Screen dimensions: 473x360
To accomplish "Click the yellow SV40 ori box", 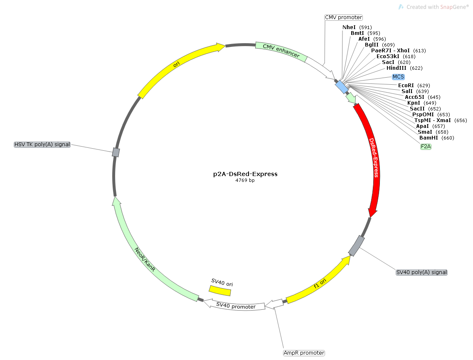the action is (220, 290).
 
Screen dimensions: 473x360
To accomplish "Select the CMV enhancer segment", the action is (281, 51).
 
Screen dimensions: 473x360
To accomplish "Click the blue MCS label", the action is (398, 77).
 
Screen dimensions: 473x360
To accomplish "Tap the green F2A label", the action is (426, 147).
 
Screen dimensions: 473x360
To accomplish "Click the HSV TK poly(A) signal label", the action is (42, 144).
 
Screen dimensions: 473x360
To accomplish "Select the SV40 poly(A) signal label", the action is (421, 272).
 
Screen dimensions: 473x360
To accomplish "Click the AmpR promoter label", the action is (304, 353).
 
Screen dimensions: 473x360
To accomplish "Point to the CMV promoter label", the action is (343, 17).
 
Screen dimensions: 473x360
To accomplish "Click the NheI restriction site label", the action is (349, 27).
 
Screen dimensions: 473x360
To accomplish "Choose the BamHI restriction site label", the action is (429, 138).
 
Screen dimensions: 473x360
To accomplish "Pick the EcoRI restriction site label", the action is (406, 86).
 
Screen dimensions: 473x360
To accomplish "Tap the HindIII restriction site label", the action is (397, 68).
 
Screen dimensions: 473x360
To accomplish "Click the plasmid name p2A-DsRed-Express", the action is (245, 174).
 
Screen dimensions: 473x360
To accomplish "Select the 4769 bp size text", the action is (245, 181).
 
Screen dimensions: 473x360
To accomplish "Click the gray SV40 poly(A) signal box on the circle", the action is (357, 246).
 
